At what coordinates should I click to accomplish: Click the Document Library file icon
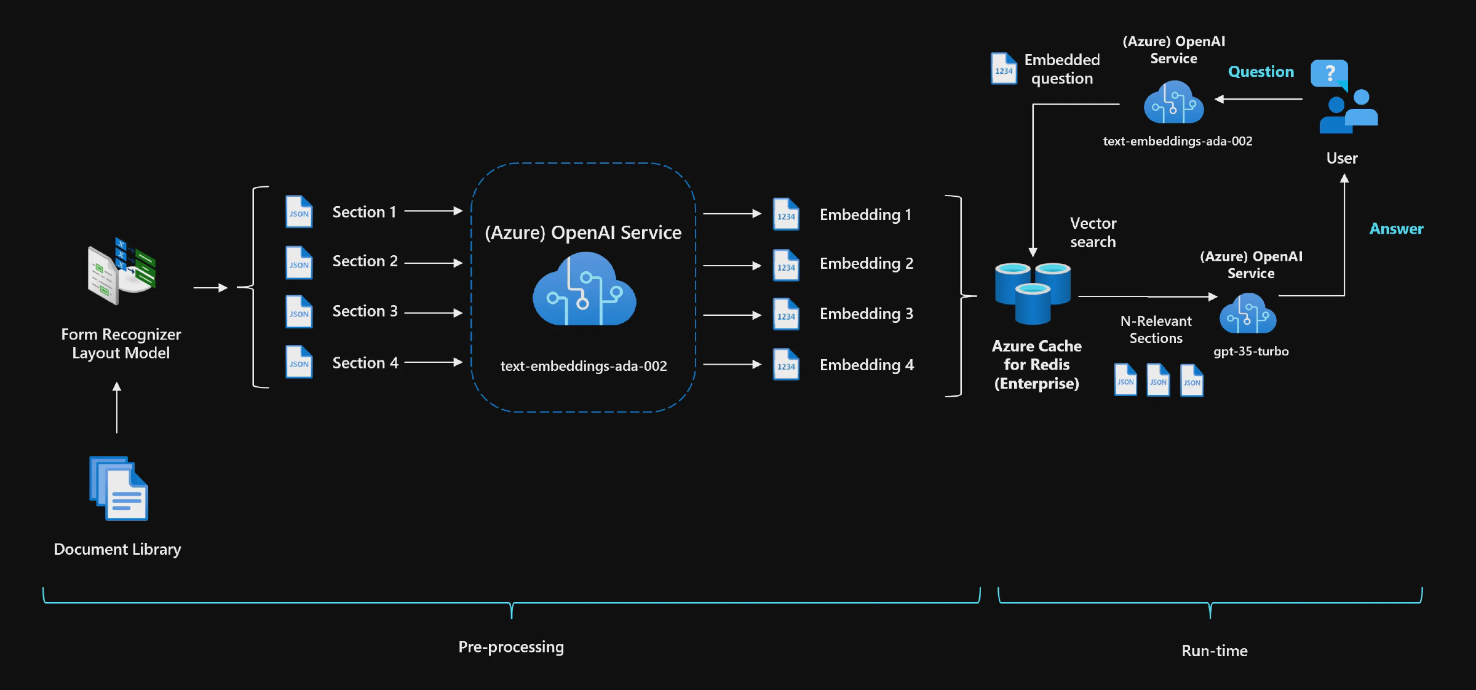tap(119, 488)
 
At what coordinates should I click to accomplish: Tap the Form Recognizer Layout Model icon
tap(122, 271)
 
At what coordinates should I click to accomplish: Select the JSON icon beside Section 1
tap(299, 212)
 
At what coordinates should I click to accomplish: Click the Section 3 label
tap(365, 311)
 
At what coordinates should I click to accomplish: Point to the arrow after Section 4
tap(433, 362)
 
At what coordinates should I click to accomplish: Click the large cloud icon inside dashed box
tap(584, 290)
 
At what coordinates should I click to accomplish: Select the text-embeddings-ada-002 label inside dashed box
tap(583, 366)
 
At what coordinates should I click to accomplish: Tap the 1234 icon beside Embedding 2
tap(786, 266)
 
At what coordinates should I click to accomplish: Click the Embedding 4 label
tap(867, 365)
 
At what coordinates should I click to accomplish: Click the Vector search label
tap(1093, 232)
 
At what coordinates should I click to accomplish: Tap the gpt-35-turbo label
tap(1250, 351)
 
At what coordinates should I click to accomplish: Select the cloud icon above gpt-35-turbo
tap(1248, 314)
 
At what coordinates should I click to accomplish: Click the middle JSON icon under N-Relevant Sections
tap(1158, 380)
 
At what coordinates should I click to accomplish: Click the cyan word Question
tap(1261, 72)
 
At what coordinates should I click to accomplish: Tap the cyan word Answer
tap(1396, 229)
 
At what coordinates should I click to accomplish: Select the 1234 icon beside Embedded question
tap(1004, 69)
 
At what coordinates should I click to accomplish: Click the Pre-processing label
tap(511, 647)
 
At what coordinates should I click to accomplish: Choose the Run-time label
tap(1214, 651)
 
